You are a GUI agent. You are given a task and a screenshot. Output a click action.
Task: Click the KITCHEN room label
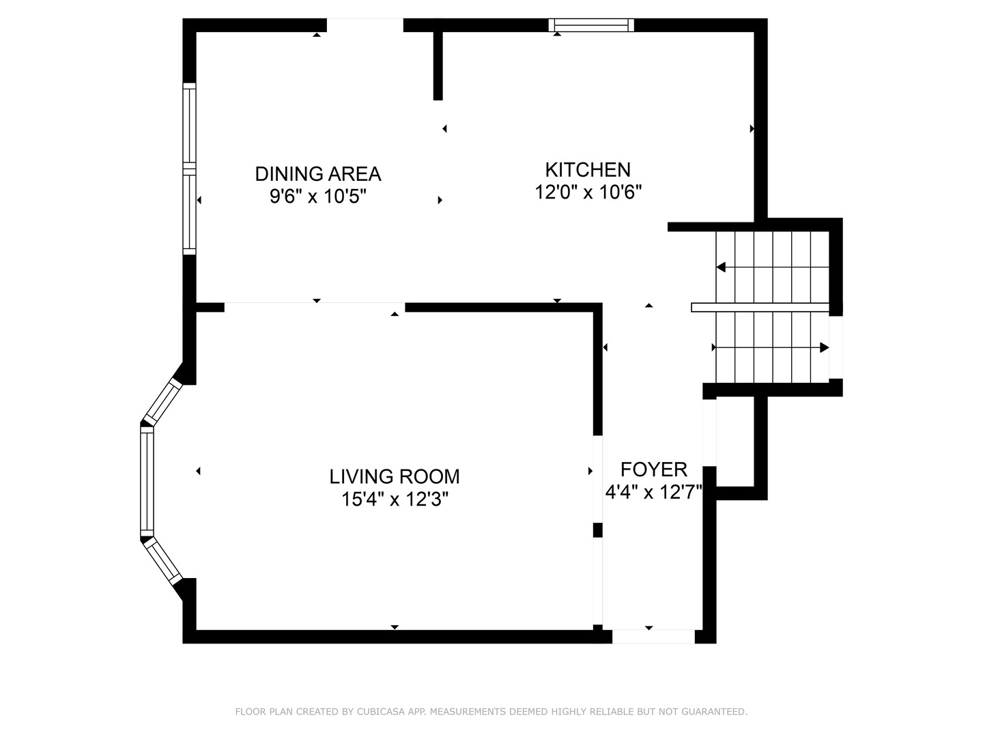point(587,169)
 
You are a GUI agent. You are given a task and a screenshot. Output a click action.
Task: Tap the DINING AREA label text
point(317,174)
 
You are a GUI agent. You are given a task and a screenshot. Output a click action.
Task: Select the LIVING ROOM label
point(395,476)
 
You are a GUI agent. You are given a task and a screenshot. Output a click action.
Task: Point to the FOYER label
point(653,469)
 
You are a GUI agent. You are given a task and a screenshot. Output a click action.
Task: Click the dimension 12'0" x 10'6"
point(588,192)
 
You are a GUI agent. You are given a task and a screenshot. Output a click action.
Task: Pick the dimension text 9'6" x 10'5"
point(318,197)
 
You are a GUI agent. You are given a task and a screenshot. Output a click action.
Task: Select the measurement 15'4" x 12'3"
point(395,500)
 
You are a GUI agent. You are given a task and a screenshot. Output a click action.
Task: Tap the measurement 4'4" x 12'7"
point(653,492)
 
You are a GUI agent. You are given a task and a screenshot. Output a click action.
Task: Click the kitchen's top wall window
point(591,25)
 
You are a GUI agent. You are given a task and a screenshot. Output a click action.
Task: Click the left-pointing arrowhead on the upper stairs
point(721,268)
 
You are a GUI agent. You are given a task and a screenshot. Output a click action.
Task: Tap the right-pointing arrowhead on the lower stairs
point(824,347)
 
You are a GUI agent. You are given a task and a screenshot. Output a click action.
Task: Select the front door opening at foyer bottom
point(653,637)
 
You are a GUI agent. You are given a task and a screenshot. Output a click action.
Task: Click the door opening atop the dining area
point(365,25)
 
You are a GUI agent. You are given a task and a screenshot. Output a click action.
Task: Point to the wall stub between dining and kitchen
point(438,66)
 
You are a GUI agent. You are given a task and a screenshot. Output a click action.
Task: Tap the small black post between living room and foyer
point(598,530)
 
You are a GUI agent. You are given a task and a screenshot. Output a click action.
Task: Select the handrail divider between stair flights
point(760,307)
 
